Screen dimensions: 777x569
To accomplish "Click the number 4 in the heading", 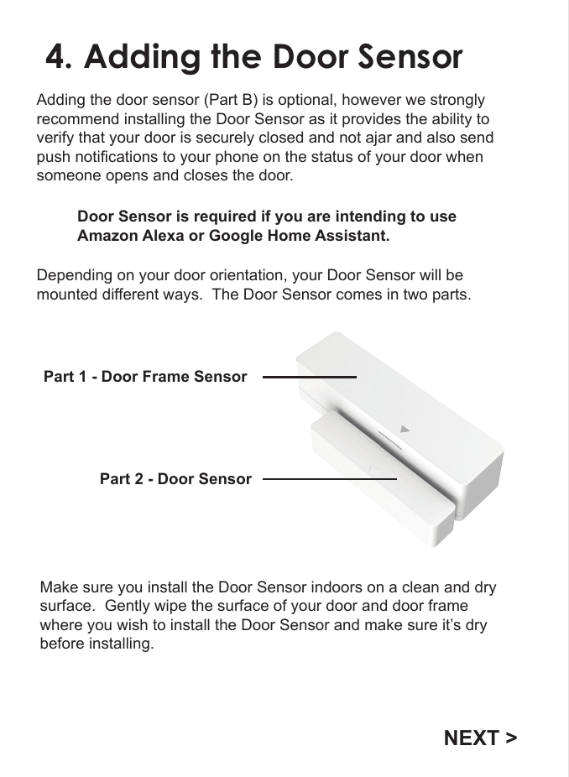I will coord(57,57).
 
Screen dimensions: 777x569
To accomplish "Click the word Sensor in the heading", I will coord(410,57).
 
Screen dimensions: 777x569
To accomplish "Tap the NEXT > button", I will coord(480,738).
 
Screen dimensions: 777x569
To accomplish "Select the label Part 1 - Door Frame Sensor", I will coord(145,377).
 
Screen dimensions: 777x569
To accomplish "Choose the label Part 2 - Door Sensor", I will coord(175,479).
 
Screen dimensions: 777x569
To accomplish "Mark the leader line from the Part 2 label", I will coord(329,479).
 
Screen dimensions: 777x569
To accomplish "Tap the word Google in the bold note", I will coord(235,236).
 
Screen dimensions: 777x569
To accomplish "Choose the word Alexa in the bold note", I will coord(164,236).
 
